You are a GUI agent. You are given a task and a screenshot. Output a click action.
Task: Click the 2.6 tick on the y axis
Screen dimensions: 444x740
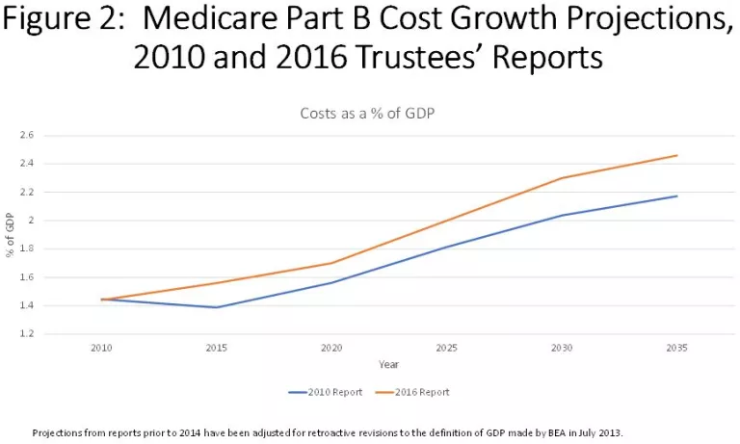(26, 135)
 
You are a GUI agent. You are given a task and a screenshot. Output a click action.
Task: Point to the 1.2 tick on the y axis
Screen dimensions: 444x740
(26, 334)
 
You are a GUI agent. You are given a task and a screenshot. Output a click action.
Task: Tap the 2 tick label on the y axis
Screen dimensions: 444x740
(30, 221)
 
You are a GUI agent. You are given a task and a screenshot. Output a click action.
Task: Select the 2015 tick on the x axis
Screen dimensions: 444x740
(216, 346)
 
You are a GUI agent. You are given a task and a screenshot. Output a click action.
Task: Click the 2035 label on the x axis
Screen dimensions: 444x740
(677, 346)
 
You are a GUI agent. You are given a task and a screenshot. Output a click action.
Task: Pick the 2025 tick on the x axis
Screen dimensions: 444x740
(447, 346)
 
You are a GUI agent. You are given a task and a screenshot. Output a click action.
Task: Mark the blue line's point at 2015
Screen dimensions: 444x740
(216, 307)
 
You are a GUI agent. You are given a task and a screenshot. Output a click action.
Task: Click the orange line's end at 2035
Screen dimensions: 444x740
(677, 155)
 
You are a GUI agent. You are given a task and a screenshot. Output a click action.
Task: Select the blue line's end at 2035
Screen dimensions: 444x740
(677, 196)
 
